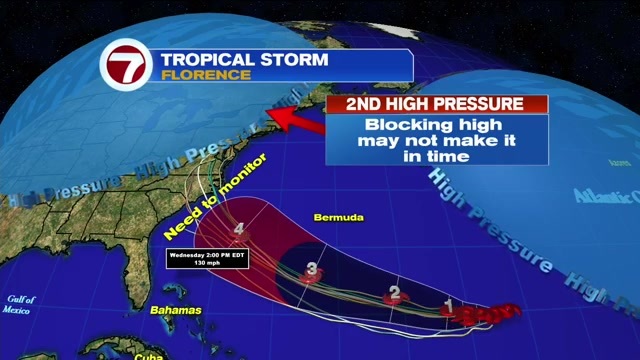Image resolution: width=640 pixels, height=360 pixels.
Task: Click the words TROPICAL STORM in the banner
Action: [244, 59]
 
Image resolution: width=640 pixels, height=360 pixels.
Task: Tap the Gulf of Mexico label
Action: [21, 304]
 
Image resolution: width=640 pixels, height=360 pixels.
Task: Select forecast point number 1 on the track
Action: [450, 306]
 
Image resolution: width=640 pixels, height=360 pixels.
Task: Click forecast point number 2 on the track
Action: [395, 294]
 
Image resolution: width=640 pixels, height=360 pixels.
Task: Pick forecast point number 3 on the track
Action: [312, 268]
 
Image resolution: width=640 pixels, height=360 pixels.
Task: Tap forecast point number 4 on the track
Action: [239, 229]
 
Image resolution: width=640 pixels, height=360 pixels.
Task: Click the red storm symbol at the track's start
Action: [485, 314]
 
